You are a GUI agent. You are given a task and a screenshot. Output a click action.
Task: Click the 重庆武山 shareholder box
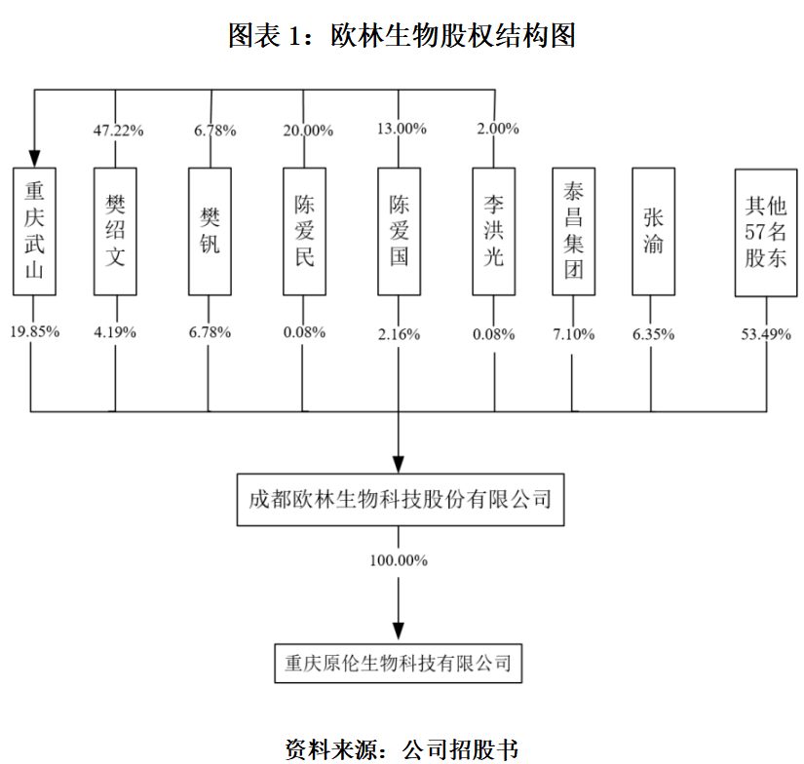(x=35, y=231)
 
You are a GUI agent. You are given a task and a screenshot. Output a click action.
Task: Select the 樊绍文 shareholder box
(x=115, y=231)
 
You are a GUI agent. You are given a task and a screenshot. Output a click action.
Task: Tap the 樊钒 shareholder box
(x=210, y=231)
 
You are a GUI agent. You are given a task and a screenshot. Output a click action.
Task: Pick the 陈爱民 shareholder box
(x=304, y=231)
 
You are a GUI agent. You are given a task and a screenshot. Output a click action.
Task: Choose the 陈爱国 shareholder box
(x=399, y=231)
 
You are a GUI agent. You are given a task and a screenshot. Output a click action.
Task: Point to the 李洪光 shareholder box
(x=493, y=231)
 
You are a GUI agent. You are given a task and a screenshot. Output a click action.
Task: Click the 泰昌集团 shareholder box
(x=573, y=231)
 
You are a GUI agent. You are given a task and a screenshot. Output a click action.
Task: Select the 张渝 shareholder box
(x=653, y=231)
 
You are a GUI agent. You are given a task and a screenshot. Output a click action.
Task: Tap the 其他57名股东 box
(x=764, y=231)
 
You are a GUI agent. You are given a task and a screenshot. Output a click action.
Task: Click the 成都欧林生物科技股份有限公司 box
(x=400, y=501)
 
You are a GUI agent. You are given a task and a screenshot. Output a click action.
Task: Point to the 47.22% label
(x=118, y=130)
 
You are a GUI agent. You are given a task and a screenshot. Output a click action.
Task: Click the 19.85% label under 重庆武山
(x=35, y=331)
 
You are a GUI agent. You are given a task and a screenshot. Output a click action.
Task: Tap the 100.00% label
(x=400, y=560)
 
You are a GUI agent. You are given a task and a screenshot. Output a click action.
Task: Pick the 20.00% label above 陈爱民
(x=307, y=130)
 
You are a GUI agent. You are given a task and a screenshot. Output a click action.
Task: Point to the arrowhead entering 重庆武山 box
(x=35, y=158)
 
